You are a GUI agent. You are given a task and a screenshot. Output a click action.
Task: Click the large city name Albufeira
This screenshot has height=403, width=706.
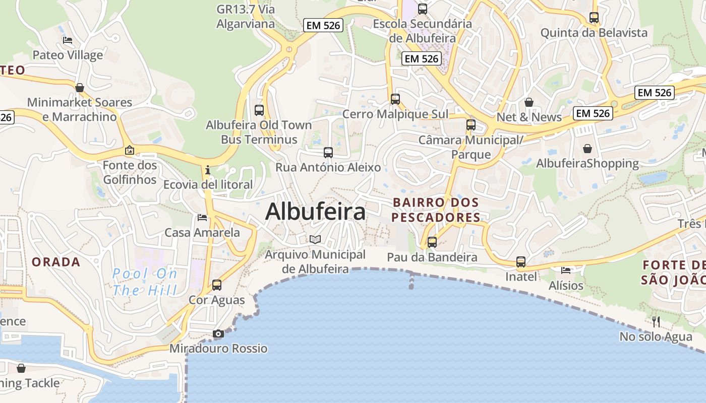coord(315,212)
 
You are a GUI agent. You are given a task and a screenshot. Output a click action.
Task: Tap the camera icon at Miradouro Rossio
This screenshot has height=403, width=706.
coord(218,333)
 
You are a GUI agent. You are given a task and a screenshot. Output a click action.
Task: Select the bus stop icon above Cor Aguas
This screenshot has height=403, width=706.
coord(217,285)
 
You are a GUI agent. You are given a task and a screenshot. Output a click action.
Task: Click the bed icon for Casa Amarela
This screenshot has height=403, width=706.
coord(202,218)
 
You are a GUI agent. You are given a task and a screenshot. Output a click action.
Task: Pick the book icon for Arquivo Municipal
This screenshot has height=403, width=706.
coord(315,239)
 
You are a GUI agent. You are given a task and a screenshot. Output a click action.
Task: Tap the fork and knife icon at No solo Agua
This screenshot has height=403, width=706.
coord(656,321)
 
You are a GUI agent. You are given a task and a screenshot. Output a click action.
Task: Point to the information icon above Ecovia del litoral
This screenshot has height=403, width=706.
coord(208,170)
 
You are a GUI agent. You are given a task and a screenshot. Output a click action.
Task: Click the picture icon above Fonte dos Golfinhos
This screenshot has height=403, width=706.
coord(130,150)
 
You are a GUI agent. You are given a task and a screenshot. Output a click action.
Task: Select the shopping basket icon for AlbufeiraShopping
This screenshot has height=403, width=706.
coord(587,149)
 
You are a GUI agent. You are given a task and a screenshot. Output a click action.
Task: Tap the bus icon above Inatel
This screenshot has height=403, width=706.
coord(521,262)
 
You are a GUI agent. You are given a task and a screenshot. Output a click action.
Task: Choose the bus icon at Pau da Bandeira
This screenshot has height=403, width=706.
coord(432,242)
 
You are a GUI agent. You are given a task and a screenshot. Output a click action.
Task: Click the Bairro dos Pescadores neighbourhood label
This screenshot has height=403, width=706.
coord(436,210)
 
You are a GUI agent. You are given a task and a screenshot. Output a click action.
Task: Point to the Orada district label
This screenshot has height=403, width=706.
coord(56,262)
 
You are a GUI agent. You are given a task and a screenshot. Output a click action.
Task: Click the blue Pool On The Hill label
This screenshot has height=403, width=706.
coord(145,282)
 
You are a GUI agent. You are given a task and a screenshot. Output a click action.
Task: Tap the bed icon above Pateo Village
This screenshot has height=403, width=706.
coord(68,40)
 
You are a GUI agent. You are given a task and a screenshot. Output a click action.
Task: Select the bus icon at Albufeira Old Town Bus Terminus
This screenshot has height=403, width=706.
coord(259,110)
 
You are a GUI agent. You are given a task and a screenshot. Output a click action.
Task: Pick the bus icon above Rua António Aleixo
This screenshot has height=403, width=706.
coord(328,152)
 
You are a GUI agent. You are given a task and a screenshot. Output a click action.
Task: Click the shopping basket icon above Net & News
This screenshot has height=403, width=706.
coord(529,102)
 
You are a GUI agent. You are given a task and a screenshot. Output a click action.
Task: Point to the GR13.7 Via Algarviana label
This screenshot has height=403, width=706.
coord(246,17)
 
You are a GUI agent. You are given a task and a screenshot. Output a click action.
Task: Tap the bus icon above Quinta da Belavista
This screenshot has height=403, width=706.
coord(594,18)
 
